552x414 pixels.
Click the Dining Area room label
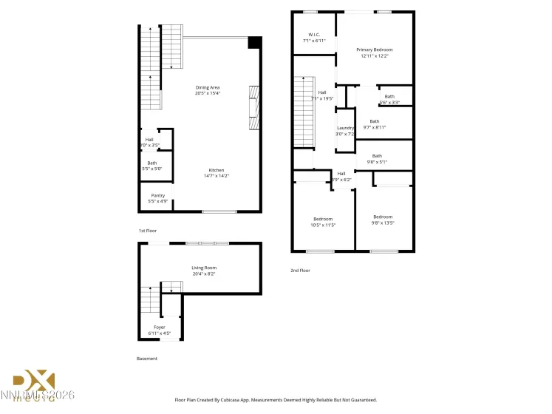207,87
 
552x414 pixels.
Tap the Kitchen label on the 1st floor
216,170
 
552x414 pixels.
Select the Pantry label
157,195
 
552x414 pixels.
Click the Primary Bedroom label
374,49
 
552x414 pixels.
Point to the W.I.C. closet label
313,35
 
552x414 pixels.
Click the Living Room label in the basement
204,268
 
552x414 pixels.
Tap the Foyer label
160,327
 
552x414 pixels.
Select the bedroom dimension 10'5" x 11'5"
323,225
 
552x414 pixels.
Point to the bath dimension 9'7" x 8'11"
374,127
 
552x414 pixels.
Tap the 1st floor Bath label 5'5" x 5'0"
151,169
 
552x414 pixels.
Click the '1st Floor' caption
148,231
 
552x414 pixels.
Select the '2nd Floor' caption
300,271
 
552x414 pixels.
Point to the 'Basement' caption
147,359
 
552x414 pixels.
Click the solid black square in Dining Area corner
254,43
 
